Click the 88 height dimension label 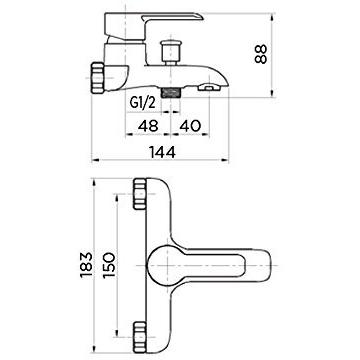coord(261,54)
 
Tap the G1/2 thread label coord(142,103)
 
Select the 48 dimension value coord(149,126)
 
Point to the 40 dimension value coord(190,126)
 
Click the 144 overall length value coord(162,153)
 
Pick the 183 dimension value coord(86,265)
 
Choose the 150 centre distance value coord(109,265)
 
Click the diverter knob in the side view coord(171,52)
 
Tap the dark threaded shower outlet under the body coord(171,92)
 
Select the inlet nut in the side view coord(98,77)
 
